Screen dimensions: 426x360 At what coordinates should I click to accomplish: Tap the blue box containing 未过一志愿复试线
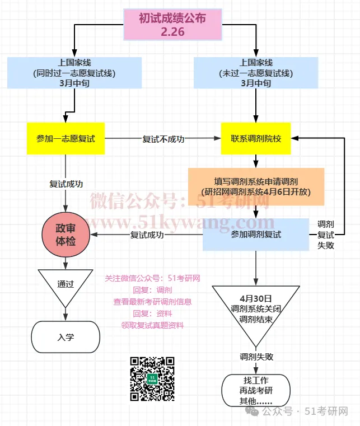256,72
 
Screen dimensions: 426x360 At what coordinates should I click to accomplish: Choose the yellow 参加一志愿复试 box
66,138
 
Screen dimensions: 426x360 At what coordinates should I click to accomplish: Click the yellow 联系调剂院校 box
256,138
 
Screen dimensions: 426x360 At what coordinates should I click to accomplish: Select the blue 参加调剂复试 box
256,235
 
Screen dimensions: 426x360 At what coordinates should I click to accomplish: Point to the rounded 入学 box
66,337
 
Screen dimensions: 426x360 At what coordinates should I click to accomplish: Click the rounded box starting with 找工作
256,390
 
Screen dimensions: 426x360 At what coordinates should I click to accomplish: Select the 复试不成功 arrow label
163,139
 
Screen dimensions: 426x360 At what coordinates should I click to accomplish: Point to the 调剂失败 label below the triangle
256,357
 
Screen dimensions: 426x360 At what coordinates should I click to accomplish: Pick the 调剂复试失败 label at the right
326,235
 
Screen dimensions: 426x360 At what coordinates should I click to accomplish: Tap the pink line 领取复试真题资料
152,325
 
